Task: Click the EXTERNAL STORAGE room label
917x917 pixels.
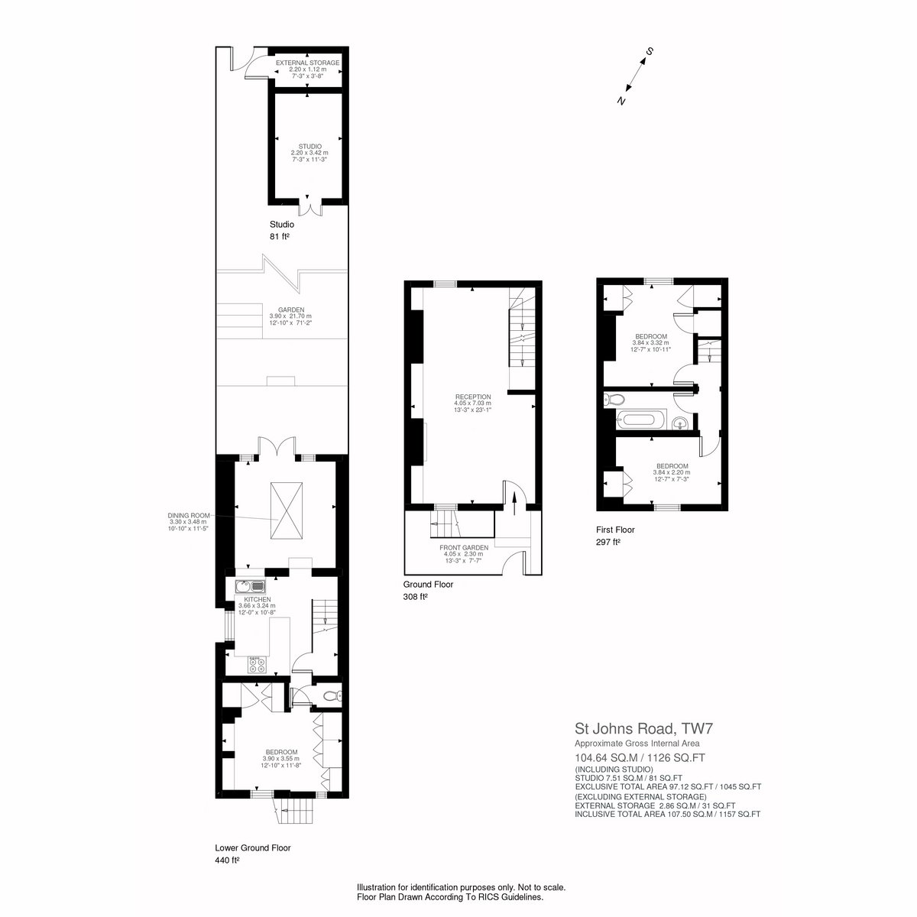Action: (x=307, y=63)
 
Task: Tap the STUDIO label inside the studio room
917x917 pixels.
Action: (x=309, y=147)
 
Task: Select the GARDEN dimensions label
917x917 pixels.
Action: (x=290, y=316)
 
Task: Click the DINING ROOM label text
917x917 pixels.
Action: (x=189, y=515)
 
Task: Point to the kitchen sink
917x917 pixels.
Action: (x=251, y=586)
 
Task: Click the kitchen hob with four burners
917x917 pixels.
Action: (x=258, y=664)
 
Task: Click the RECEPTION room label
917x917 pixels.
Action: (x=472, y=397)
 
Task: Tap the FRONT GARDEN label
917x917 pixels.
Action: (x=464, y=548)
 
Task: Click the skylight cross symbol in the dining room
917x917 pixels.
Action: (x=286, y=511)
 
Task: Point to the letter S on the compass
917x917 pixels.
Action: (x=649, y=51)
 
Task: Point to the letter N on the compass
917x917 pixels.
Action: (x=621, y=100)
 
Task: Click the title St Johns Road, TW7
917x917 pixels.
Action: (x=644, y=728)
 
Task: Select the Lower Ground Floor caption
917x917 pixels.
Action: (x=253, y=847)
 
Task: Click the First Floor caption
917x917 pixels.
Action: (x=615, y=530)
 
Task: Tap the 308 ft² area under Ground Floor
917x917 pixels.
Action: (x=415, y=597)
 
